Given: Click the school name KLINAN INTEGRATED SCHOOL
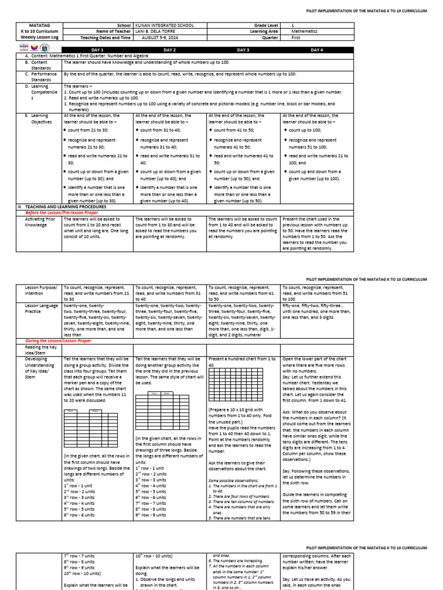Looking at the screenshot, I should click(x=164, y=26).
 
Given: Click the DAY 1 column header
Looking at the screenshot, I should click(x=97, y=50).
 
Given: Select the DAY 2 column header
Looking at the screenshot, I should click(x=170, y=50).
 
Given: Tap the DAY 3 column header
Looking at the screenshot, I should click(x=243, y=50).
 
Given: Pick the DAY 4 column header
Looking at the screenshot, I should click(x=316, y=50).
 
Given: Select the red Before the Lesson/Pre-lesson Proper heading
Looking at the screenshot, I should click(x=62, y=211).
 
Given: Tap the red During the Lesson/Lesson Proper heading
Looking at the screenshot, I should click(x=61, y=341).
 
